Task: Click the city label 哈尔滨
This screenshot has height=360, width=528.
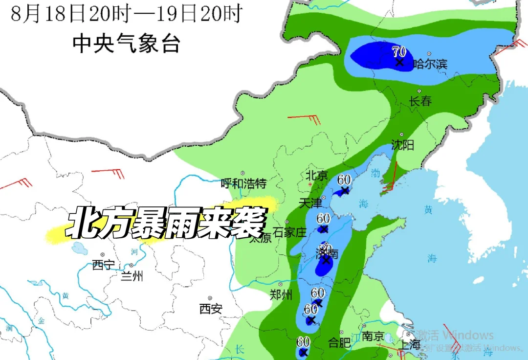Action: tap(430, 64)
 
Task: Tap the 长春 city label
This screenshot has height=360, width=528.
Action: tap(420, 101)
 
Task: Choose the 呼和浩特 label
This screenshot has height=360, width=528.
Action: tap(243, 183)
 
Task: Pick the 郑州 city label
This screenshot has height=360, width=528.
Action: tap(281, 294)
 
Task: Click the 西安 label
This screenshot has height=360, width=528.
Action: tap(211, 309)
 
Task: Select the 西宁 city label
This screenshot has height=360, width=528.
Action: tap(103, 265)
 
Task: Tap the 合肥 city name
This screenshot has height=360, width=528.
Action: tap(339, 342)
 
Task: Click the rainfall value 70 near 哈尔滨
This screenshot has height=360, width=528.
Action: tap(399, 50)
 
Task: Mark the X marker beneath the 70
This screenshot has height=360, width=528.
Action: tap(399, 63)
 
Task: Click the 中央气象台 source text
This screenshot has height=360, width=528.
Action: tap(127, 44)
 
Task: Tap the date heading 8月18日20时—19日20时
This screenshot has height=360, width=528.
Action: tap(126, 14)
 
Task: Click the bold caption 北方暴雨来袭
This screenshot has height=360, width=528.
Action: tap(166, 223)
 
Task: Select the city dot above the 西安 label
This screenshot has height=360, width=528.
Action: tap(210, 298)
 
